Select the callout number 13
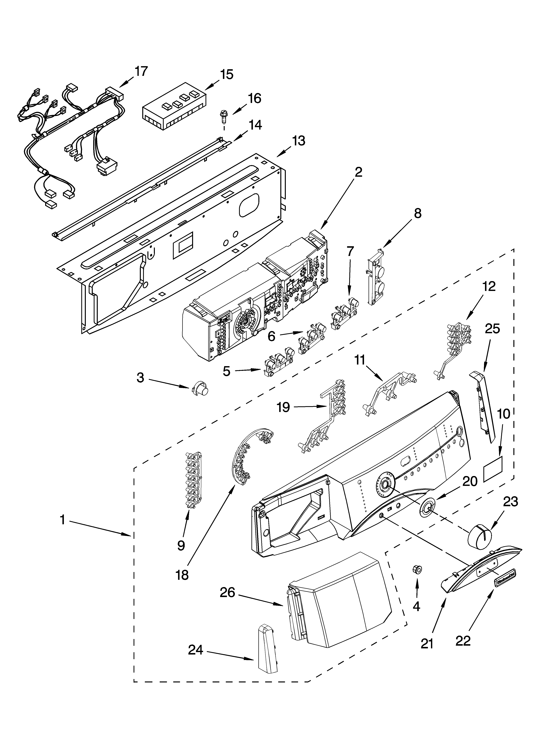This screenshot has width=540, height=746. point(298,141)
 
